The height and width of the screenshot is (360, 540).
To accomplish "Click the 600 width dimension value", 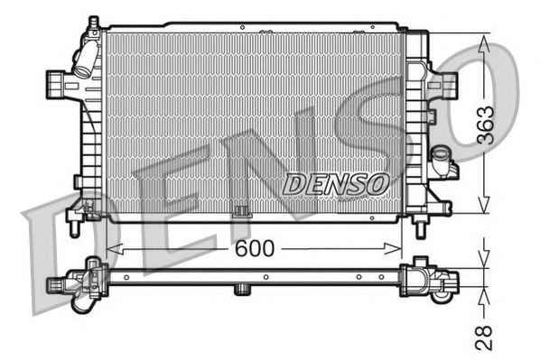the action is click(254, 248).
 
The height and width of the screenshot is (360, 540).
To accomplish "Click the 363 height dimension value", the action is click(485, 125).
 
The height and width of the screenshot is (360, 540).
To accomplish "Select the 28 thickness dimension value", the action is click(483, 337).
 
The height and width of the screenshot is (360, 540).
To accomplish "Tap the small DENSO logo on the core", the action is click(336, 184).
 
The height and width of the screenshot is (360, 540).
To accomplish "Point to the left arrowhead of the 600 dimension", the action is click(115, 248).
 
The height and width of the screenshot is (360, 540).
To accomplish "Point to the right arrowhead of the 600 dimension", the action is click(394, 248).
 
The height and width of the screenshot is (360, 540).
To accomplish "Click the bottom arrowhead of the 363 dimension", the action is click(484, 204).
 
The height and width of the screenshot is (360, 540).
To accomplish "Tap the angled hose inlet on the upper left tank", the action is click(86, 60).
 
